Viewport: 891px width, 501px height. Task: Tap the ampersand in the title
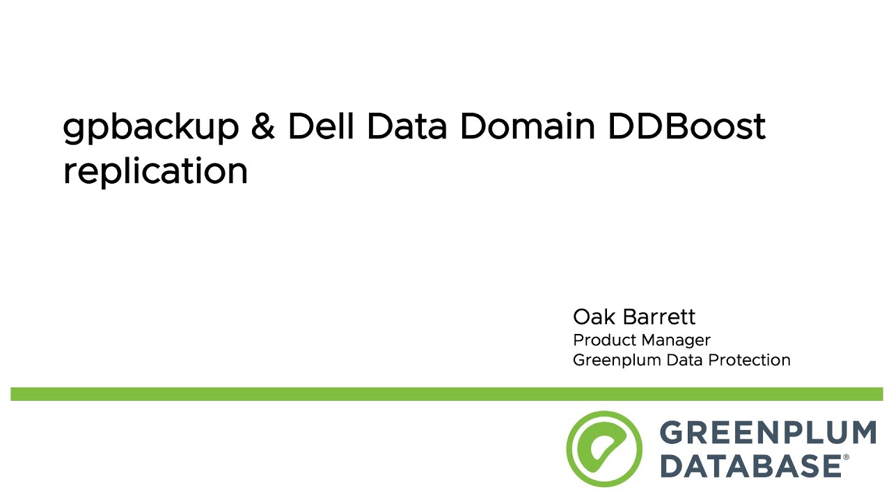[263, 127]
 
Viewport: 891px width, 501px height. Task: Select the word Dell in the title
[321, 126]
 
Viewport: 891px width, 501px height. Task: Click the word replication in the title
[155, 170]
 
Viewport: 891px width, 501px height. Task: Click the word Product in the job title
[602, 340]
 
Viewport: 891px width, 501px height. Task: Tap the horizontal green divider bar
[445, 394]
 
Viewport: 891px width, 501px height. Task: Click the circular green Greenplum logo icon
[604, 448]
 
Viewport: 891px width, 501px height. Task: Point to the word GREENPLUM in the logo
[767, 434]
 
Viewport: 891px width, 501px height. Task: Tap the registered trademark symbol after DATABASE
[846, 458]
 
